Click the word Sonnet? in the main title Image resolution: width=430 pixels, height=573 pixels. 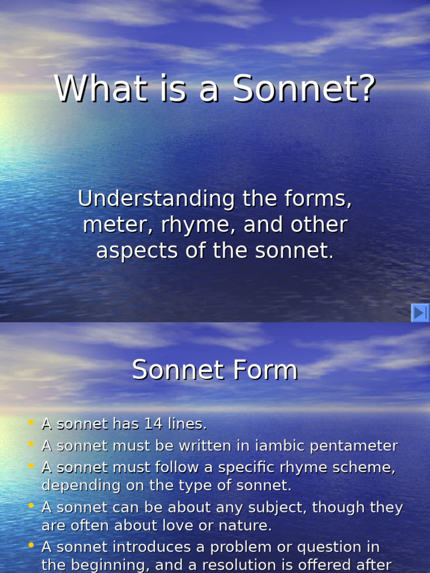tap(303, 90)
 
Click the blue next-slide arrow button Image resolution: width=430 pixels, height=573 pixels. tap(420, 313)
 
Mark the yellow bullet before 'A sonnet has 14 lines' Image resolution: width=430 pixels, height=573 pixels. tap(31, 422)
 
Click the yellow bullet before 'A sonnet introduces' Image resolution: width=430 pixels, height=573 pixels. tap(31, 545)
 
